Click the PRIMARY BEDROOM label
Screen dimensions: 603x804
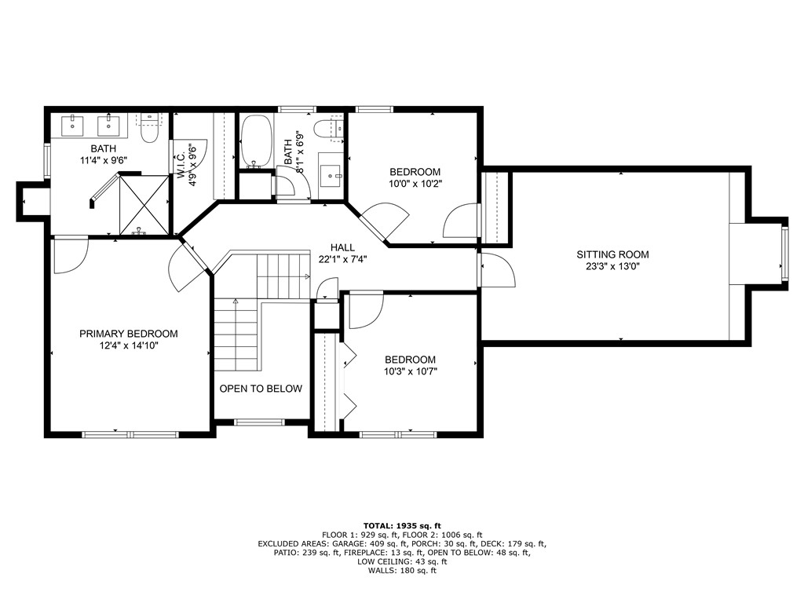point(129,334)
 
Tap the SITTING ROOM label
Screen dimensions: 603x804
point(612,254)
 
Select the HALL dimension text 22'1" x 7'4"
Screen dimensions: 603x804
point(343,259)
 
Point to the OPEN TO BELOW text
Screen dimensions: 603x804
point(261,389)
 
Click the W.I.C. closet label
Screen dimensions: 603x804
point(181,163)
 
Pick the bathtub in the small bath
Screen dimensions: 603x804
point(254,142)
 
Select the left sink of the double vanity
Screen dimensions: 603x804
point(72,124)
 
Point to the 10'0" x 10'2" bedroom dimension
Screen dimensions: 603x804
point(415,185)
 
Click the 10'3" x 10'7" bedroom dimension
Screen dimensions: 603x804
point(410,372)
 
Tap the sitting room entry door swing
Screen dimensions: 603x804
point(497,271)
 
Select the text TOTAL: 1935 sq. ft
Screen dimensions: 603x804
point(402,525)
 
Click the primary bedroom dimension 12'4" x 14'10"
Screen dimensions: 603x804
point(129,345)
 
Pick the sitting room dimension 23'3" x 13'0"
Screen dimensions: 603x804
point(612,266)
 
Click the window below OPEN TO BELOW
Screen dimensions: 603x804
point(260,422)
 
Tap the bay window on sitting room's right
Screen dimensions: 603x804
point(784,254)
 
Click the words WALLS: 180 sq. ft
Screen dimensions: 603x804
point(402,571)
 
